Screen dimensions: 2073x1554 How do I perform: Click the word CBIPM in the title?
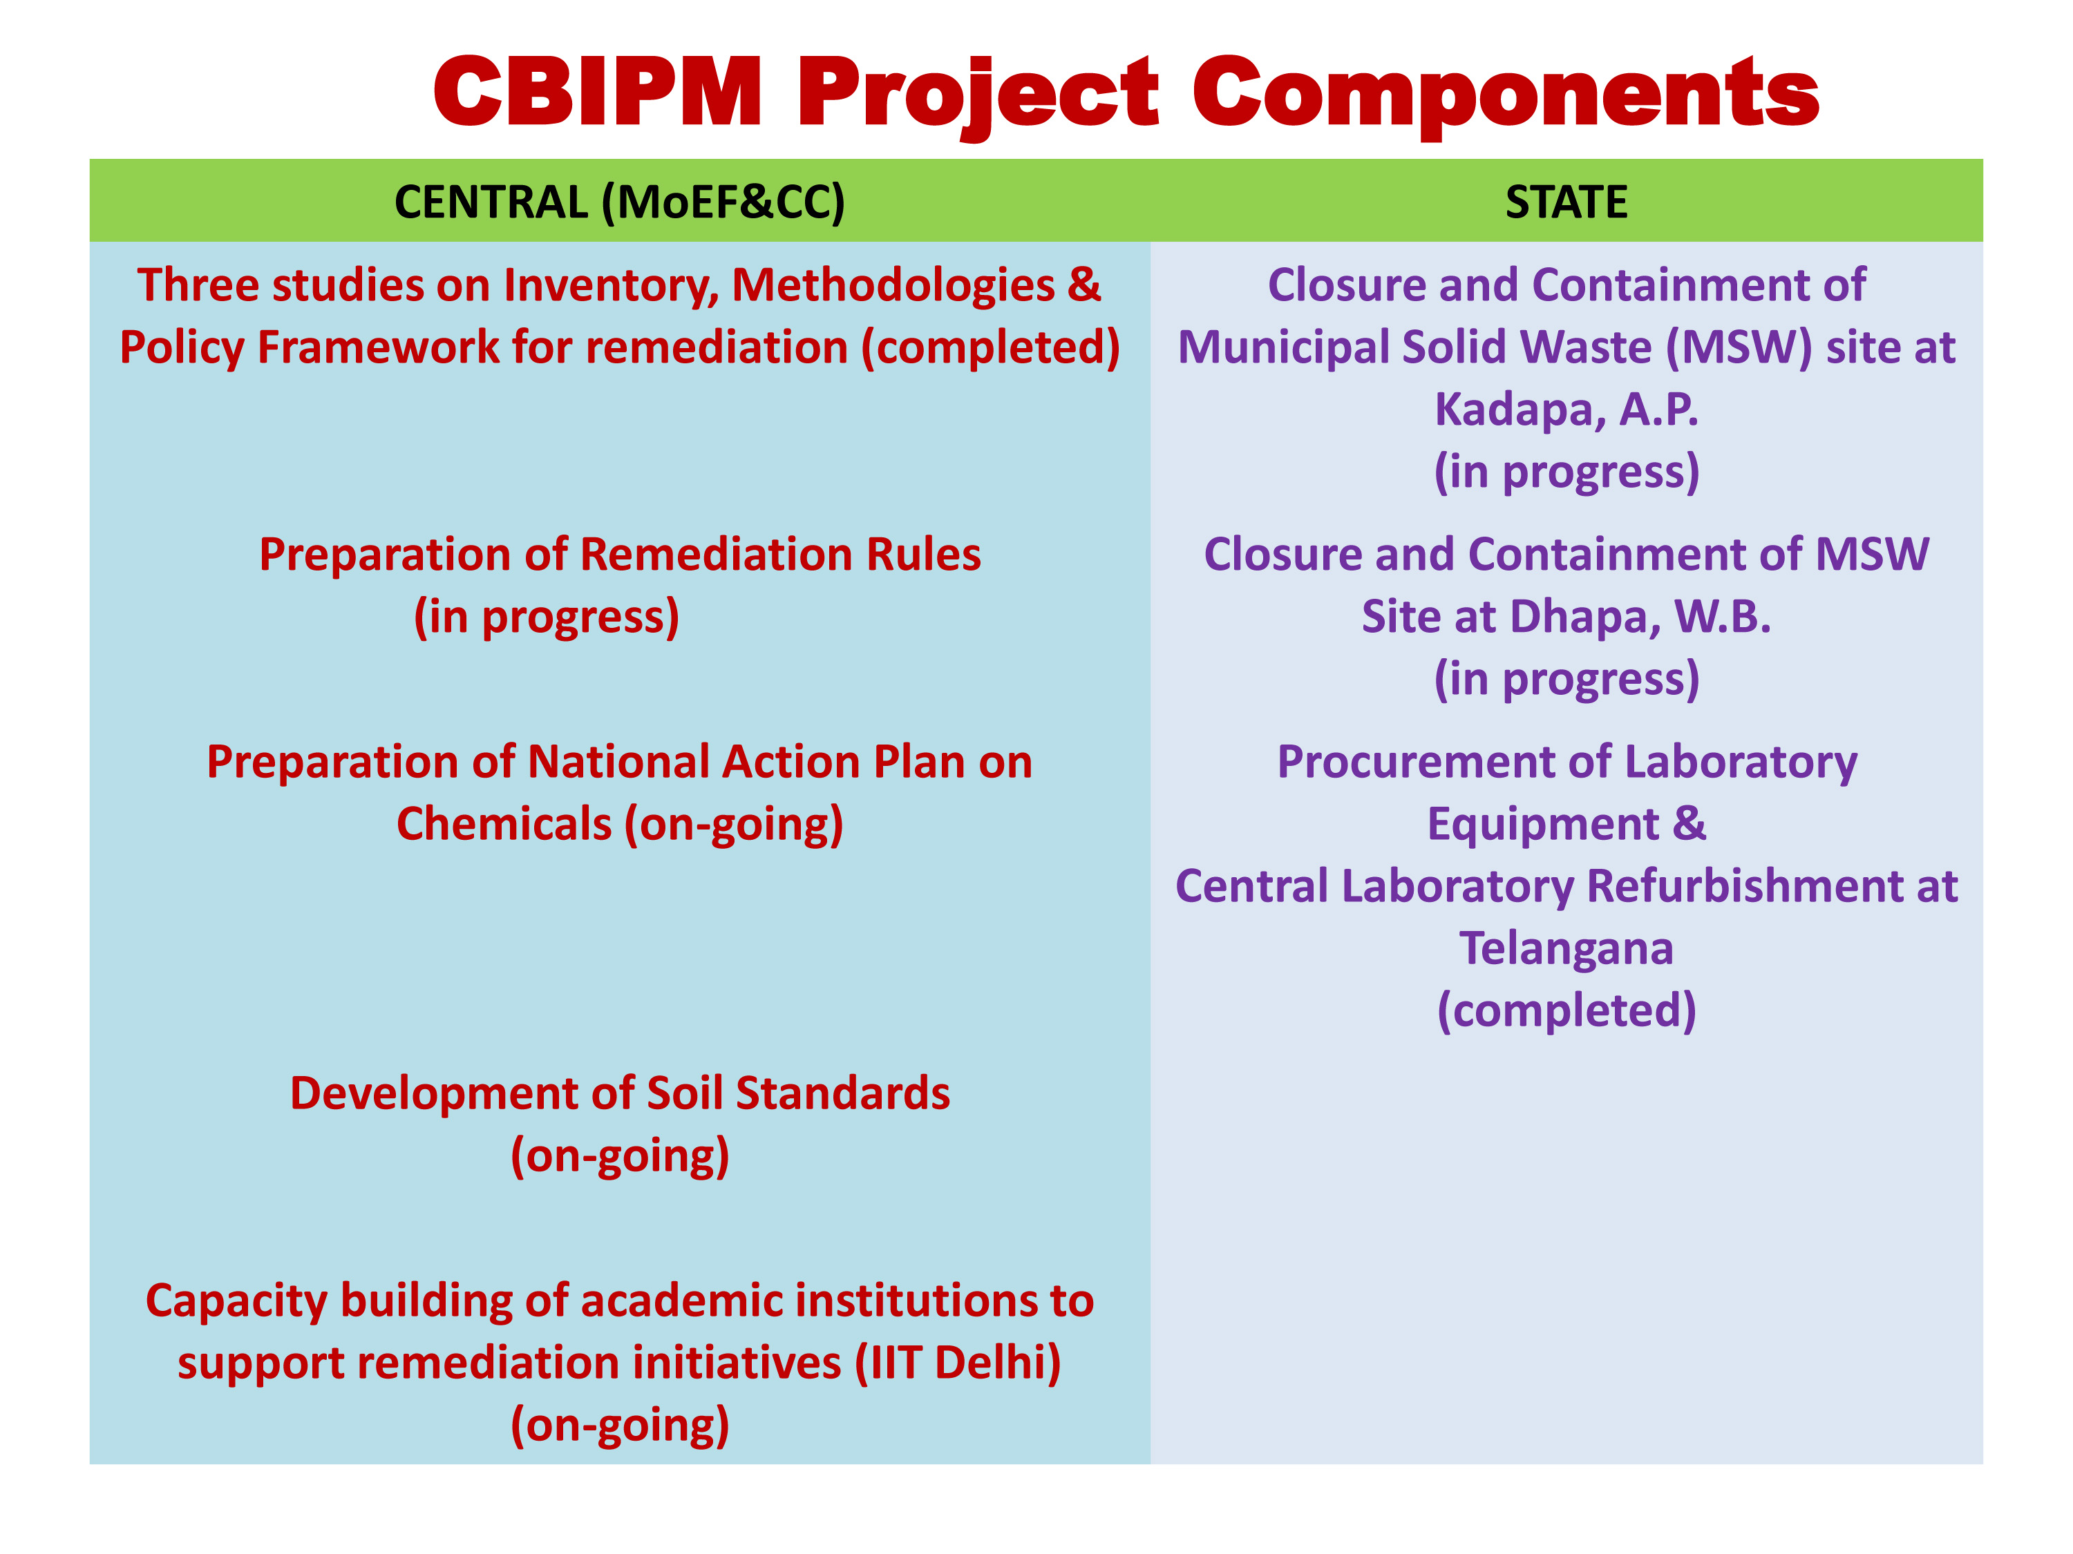click(x=598, y=91)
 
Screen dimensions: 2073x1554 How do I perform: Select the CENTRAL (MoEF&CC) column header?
click(x=619, y=202)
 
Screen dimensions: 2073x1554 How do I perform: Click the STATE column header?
click(x=1566, y=202)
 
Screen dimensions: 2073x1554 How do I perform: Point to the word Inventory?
click(x=611, y=286)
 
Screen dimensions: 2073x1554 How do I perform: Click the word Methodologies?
click(x=893, y=286)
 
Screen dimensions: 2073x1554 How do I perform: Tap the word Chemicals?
click(x=504, y=824)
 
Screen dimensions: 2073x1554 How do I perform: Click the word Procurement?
click(x=1433, y=762)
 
